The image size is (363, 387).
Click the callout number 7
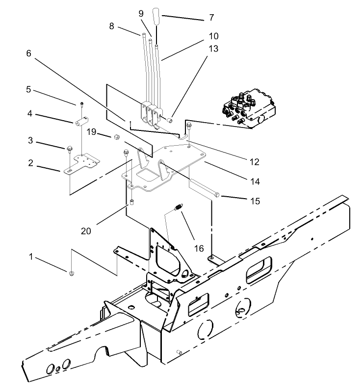click(x=211, y=17)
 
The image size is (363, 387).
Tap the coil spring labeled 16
click(x=179, y=207)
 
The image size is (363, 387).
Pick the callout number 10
click(x=213, y=36)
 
